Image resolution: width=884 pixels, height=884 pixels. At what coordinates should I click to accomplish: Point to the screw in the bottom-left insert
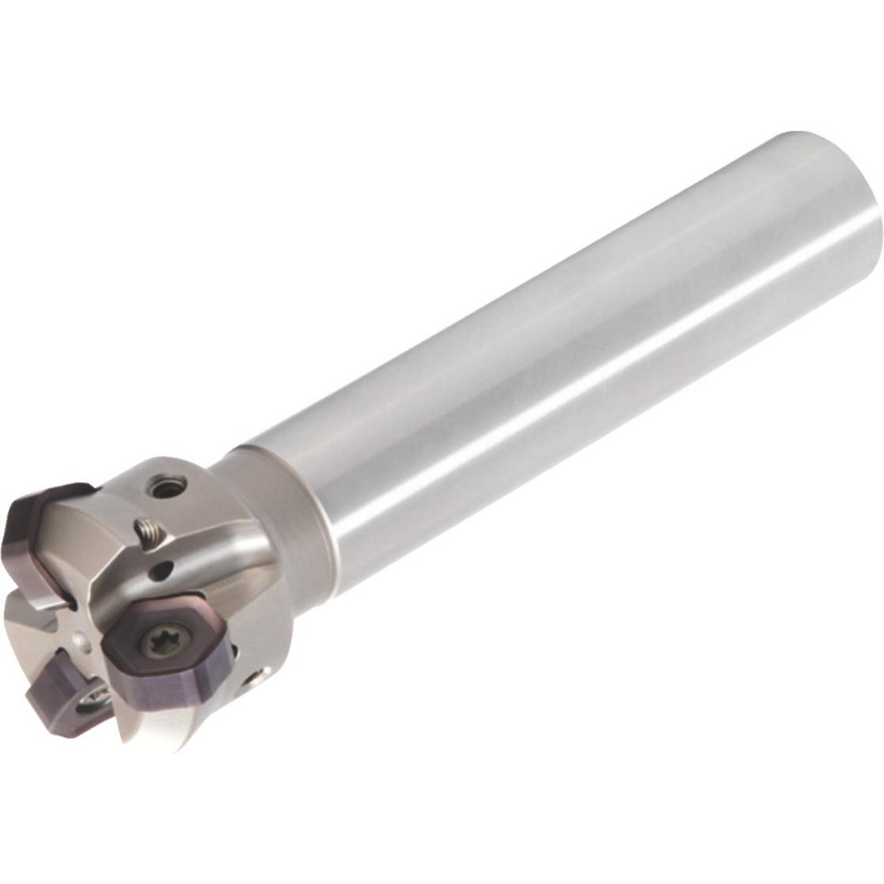[95, 700]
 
